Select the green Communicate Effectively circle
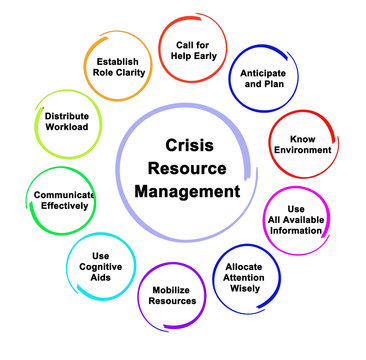click(62, 201)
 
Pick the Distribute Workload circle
click(67, 122)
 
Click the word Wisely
click(245, 289)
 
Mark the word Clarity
click(130, 71)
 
